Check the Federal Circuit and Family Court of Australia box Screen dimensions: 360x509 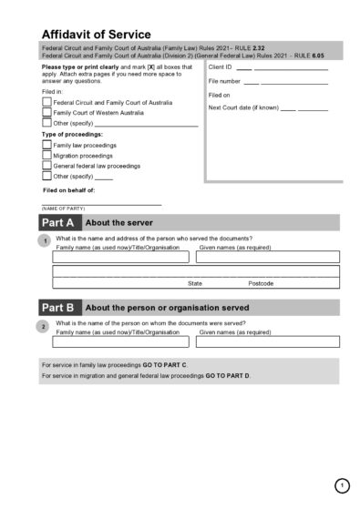(x=47, y=102)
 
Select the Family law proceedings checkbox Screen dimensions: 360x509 (x=47, y=145)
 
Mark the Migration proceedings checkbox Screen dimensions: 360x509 (x=47, y=156)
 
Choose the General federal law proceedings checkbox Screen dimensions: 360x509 (x=47, y=166)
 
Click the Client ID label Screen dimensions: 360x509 (x=220, y=67)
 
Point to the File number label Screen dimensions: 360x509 (x=224, y=81)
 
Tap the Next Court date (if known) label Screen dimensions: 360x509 (x=242, y=107)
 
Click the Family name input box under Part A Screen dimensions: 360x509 (x=121, y=257)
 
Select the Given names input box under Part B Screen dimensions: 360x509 (x=268, y=341)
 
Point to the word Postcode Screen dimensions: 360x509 (x=261, y=283)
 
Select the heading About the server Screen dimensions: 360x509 (x=118, y=223)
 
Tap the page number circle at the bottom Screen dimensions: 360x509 (x=341, y=485)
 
